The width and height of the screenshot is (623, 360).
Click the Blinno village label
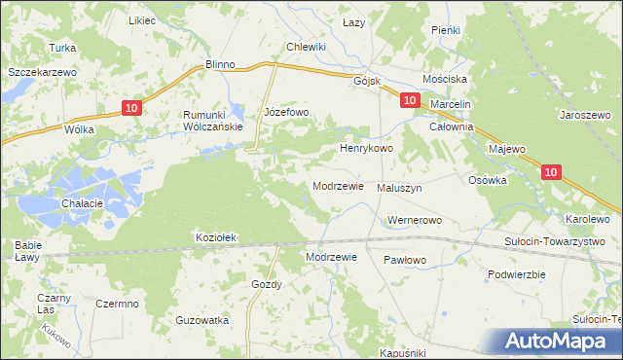coord(221,64)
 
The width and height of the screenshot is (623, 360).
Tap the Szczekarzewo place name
coord(43,72)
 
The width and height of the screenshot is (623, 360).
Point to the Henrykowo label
coord(365,149)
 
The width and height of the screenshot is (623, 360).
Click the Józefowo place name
coord(286,113)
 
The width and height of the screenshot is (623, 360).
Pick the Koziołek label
coord(217,237)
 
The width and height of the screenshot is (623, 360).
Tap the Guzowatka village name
coord(202,320)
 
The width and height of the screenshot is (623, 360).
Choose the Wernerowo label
coord(415,221)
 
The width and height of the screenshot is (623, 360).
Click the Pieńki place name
coord(446,30)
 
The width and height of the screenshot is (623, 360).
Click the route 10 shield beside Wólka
coord(133,109)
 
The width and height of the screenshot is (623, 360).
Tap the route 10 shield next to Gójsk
coord(410,100)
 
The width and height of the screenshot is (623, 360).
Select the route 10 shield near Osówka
coord(551,172)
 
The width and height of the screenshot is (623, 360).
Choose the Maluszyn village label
coord(399,188)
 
